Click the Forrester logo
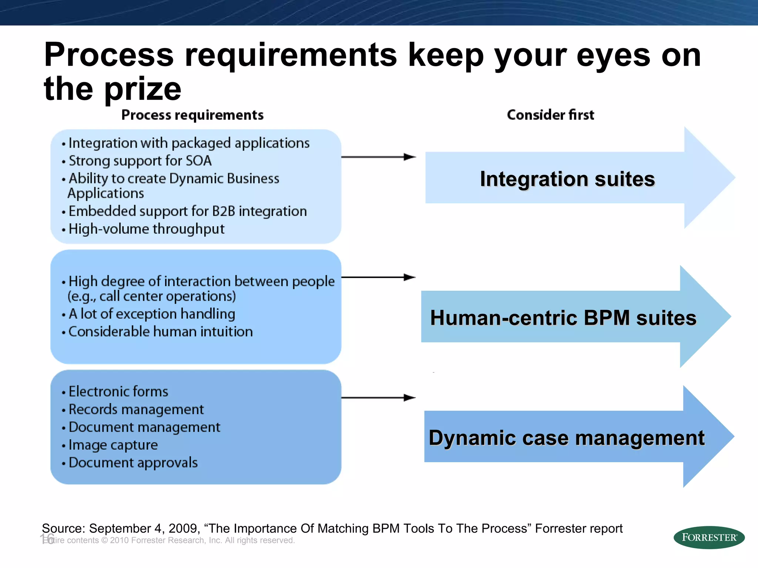[x=709, y=537]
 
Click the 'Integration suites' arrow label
[x=567, y=179]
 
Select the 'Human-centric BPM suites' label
[x=563, y=318]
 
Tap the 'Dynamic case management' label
[x=566, y=438]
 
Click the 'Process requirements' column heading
[x=192, y=115]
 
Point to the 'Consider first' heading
[x=550, y=115]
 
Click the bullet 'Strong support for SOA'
[x=140, y=161]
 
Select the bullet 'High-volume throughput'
[x=146, y=229]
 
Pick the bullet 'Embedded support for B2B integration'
[x=187, y=211]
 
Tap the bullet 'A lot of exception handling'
[x=152, y=314]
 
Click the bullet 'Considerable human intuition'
[x=160, y=332]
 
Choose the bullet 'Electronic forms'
[x=118, y=392]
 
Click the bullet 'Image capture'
[x=113, y=445]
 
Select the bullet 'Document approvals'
[x=133, y=463]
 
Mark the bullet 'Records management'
[x=136, y=409]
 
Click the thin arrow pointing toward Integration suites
[x=378, y=157]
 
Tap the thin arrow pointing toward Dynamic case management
[x=378, y=398]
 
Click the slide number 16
[x=47, y=538]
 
